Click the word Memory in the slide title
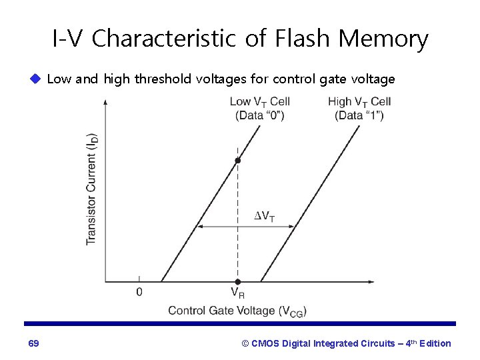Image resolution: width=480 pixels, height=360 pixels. [383, 39]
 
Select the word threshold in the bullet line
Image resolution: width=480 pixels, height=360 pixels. [162, 80]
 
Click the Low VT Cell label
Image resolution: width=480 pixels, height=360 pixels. [259, 101]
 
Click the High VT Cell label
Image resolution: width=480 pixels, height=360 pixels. [359, 101]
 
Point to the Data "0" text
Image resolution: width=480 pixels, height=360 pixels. [259, 115]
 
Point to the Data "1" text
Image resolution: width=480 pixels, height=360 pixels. [359, 115]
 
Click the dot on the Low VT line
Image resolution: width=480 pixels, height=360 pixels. [237, 161]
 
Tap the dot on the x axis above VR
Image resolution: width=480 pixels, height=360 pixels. [237, 282]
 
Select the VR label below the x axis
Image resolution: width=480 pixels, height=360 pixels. [238, 292]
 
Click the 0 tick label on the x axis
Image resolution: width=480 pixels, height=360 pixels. [139, 292]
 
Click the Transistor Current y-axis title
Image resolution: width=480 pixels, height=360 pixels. [92, 189]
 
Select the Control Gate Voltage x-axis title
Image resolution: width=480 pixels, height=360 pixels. [237, 311]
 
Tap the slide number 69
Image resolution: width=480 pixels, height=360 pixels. [33, 343]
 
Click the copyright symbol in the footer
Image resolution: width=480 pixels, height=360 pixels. [245, 343]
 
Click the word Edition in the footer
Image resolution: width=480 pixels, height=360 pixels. [434, 343]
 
